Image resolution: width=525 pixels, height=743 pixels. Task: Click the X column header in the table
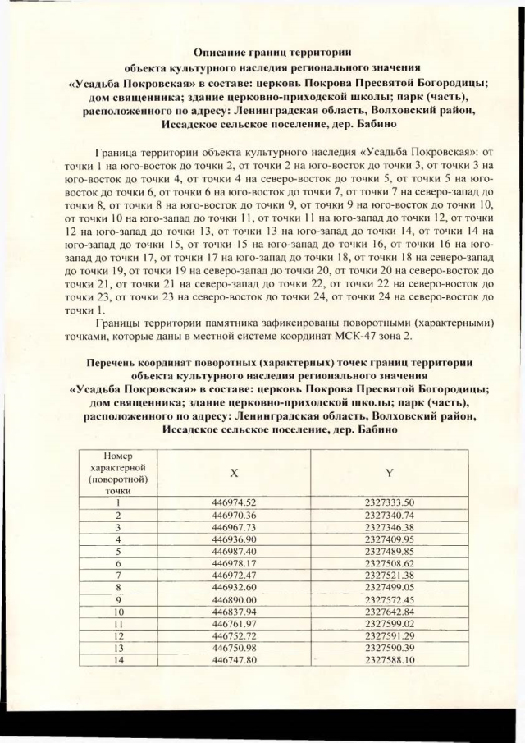(235, 474)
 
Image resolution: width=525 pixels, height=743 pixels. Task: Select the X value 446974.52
(235, 502)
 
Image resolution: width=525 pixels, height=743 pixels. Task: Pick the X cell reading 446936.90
(235, 539)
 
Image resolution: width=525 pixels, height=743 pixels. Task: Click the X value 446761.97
(235, 625)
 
